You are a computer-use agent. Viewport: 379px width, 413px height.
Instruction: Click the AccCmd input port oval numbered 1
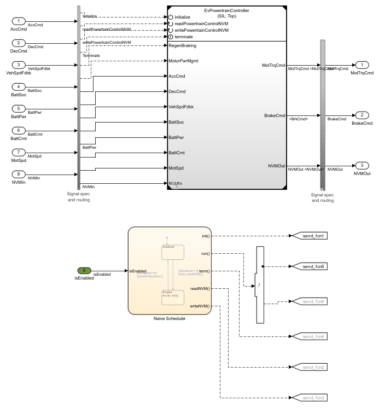pos(19,21)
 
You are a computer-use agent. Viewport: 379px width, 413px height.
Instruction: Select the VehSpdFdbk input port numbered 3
pos(19,65)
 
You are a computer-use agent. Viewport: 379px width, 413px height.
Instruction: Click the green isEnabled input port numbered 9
pos(84,271)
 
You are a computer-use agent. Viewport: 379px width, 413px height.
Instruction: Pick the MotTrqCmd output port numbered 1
pos(362,65)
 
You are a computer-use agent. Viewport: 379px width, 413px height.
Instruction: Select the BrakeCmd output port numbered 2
pos(362,115)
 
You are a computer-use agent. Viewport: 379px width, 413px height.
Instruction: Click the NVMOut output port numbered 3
pos(362,165)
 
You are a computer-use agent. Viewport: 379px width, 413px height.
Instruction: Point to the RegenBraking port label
pos(183,46)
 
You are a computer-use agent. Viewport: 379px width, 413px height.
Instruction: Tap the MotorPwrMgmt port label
pos(184,61)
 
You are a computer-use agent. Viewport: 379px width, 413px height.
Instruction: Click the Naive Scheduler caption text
pos(170,318)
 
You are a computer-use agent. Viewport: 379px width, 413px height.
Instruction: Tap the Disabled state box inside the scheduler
pos(173,252)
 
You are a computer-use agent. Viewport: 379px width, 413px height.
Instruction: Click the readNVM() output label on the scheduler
pos(200,289)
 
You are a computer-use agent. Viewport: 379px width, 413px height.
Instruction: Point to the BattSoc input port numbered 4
pos(19,87)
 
